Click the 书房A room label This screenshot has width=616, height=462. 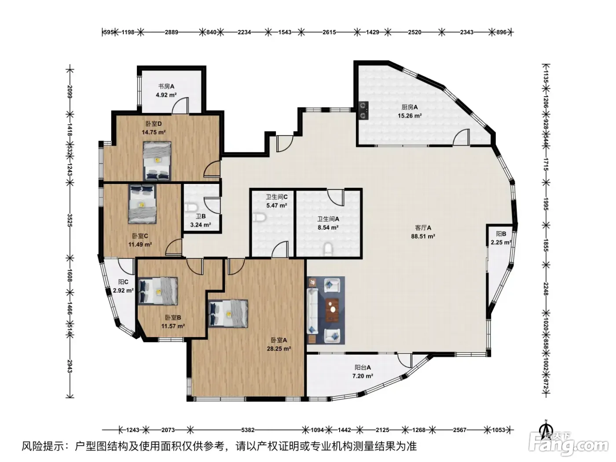166,86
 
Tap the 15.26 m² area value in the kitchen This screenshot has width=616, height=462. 410,116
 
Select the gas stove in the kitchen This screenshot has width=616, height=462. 364,110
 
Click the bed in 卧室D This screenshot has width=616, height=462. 157,161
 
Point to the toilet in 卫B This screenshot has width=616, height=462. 191,207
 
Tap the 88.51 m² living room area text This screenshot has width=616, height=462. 423,236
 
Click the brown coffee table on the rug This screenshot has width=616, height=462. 332,310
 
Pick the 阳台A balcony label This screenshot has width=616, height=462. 363,367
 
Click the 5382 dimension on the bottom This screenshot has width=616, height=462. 248,430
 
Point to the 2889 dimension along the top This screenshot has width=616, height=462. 171,32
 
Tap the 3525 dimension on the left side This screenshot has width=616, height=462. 70,220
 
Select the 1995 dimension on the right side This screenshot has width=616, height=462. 546,204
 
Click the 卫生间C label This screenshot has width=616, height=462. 277,197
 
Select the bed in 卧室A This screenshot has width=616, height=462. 228,314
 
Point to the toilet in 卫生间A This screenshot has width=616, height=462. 328,249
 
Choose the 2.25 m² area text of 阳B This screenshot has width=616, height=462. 501,242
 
